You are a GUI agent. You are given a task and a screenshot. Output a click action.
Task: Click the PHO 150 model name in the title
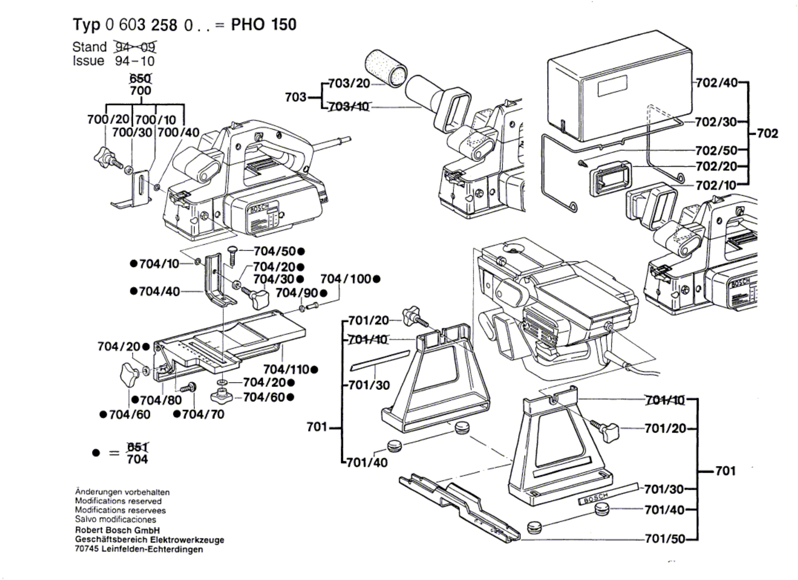pos(264,25)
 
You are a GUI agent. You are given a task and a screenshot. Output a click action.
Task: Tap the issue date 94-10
pos(135,61)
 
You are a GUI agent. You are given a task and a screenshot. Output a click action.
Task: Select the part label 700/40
pos(178,133)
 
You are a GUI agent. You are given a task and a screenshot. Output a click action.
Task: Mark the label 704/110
pos(286,370)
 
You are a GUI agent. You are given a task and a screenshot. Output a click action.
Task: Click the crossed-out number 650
pos(140,78)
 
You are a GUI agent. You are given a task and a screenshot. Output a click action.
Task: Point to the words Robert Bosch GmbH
pos(117,530)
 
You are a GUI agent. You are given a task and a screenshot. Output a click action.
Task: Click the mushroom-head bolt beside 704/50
pos(232,256)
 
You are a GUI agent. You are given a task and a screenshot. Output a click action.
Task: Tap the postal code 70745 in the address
pos(87,549)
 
